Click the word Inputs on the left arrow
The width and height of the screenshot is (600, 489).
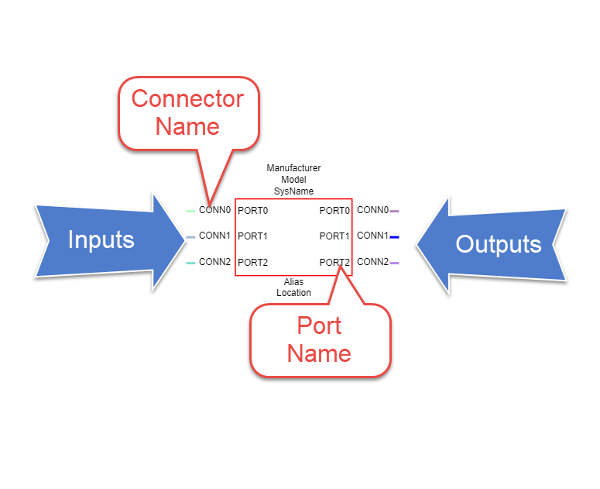(101, 239)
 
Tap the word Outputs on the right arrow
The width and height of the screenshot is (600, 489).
(499, 244)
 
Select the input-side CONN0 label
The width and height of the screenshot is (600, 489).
(214, 210)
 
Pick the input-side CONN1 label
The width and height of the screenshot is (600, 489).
(214, 236)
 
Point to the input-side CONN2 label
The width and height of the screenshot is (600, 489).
(214, 261)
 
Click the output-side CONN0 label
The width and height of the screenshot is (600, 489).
(372, 210)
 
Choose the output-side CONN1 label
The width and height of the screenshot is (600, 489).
(372, 236)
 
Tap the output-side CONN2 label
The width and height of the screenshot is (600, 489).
(372, 261)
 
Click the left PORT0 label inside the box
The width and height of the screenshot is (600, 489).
(252, 211)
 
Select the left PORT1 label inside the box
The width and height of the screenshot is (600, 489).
(252, 236)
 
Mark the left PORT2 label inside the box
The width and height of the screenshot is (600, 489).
(252, 262)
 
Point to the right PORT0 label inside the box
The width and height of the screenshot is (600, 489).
(334, 211)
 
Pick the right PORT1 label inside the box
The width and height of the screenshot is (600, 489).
(334, 236)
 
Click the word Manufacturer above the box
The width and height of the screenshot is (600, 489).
(293, 167)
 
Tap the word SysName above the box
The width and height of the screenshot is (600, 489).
(293, 191)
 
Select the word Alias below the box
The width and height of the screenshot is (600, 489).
(293, 282)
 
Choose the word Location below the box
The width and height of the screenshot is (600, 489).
(293, 293)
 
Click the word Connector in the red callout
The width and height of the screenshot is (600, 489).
(187, 98)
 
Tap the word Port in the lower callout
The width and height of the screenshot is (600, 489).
(319, 326)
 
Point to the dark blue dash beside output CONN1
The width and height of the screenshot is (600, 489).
(394, 237)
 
